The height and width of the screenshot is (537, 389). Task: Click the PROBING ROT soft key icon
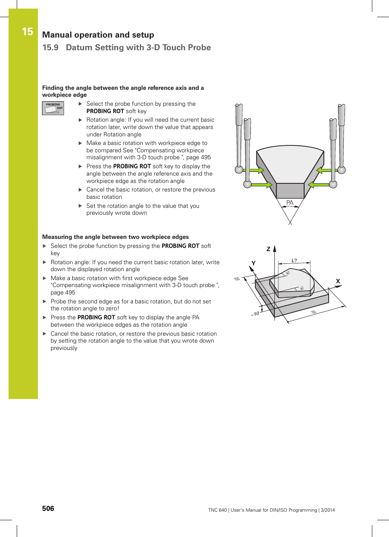pos(53,108)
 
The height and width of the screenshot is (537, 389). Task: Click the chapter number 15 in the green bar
pos(27,32)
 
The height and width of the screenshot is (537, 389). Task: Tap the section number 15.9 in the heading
pos(50,48)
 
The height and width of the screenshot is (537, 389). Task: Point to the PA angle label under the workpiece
pos(290,203)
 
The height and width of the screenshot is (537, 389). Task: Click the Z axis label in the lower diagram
pos(268,249)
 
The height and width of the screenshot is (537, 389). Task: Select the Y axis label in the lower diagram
pos(253,263)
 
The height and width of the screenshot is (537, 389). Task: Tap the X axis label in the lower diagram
pos(338,281)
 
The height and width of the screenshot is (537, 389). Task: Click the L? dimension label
pos(294,261)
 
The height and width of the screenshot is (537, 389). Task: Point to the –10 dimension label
pos(255,314)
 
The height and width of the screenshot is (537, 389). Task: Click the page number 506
pos(48,508)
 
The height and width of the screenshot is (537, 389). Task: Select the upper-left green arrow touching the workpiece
pos(256,170)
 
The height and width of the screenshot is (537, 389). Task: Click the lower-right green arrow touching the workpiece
pos(319,185)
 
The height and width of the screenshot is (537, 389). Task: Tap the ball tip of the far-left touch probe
pos(239,169)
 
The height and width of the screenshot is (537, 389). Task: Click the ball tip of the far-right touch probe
pos(342,170)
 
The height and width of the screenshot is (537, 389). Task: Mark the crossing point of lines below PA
pos(290,223)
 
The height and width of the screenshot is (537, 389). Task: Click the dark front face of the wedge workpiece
pos(290,191)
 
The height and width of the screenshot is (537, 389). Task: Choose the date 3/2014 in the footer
pos(327,510)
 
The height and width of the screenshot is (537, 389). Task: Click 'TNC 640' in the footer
pos(217,510)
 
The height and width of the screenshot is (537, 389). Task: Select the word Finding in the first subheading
pos(53,88)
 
